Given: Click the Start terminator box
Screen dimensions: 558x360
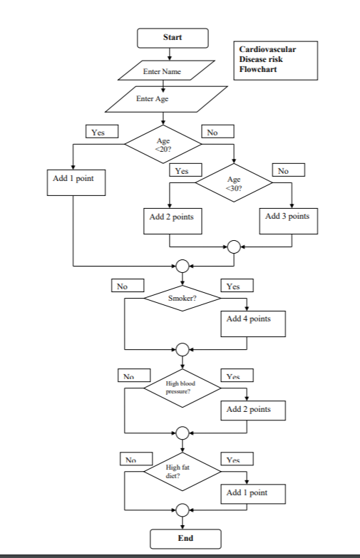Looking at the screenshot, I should [173, 37].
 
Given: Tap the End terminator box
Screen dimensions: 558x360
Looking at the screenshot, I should [185, 538].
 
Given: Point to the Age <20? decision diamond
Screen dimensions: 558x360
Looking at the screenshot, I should [163, 145].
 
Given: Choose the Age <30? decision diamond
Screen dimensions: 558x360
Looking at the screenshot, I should [234, 184].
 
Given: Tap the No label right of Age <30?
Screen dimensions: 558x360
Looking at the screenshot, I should [288, 171].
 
